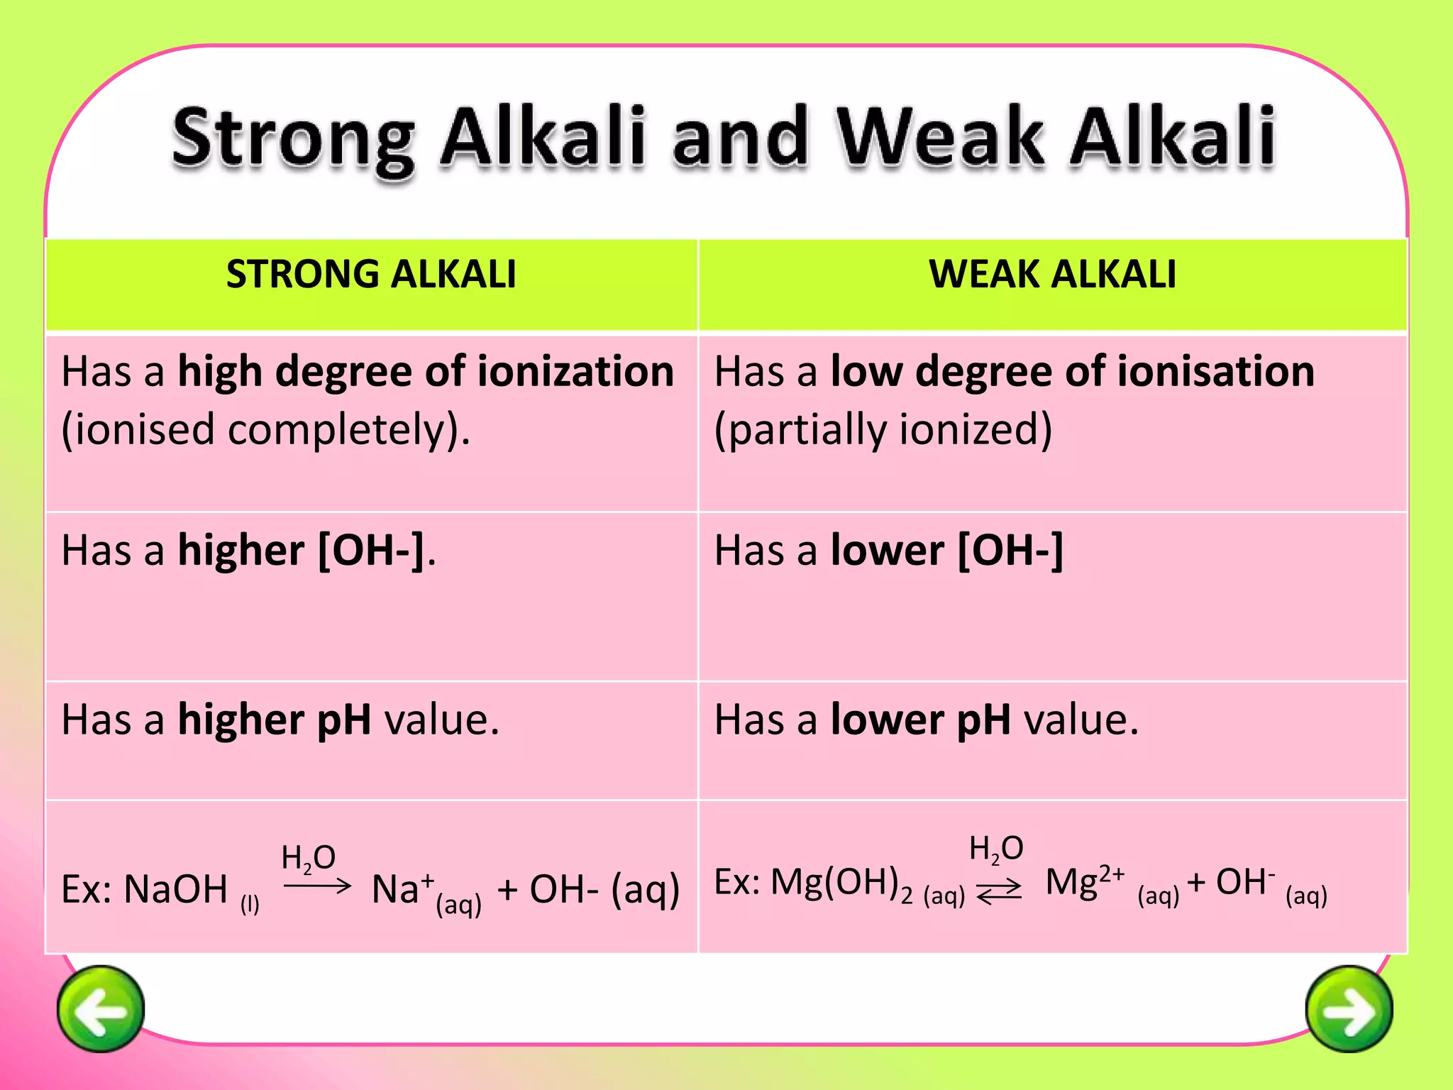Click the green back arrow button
(101, 1008)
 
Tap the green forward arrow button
(1349, 1008)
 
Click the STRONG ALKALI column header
(371, 275)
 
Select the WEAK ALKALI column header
(1052, 275)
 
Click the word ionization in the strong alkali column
(575, 372)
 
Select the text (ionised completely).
(266, 430)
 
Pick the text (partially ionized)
(883, 430)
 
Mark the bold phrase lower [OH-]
(947, 551)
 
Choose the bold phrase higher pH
(275, 720)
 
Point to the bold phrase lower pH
(921, 720)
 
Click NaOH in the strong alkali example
(175, 889)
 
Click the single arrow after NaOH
(317, 885)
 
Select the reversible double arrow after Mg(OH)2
(999, 890)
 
